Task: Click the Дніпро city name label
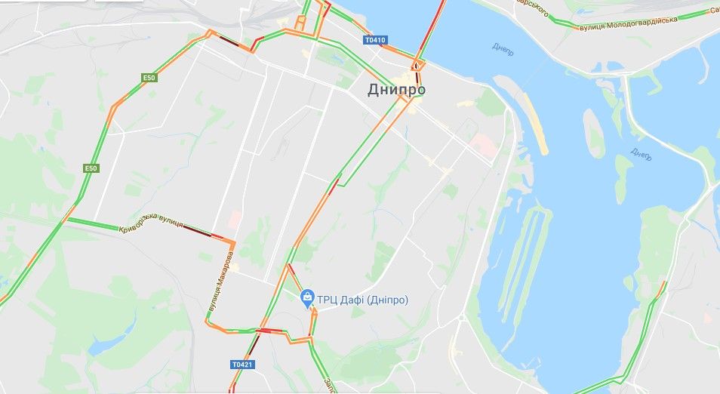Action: click(396, 89)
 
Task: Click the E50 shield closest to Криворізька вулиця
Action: click(91, 168)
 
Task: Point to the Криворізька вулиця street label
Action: click(151, 228)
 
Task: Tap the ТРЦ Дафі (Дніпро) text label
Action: click(363, 300)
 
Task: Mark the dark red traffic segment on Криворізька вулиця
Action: click(198, 231)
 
